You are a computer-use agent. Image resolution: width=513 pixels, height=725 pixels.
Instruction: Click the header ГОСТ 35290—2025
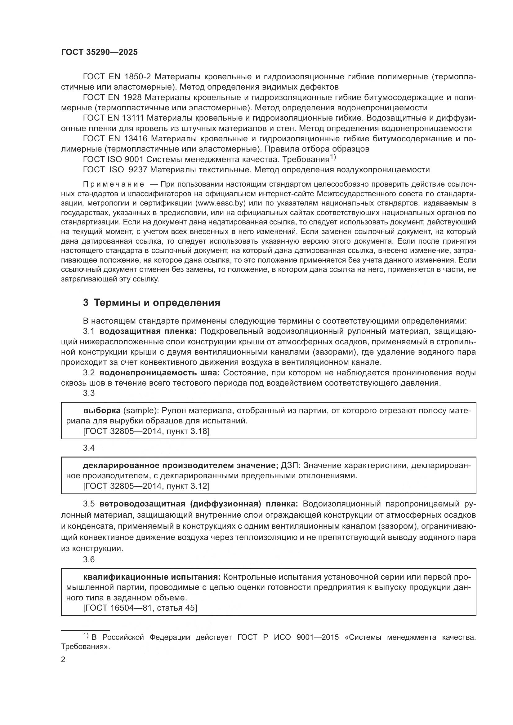tap(100, 52)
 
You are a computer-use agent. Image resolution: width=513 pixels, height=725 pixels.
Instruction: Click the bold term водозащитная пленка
tap(148, 331)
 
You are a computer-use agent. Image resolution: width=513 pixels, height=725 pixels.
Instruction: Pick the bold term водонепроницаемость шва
tap(159, 373)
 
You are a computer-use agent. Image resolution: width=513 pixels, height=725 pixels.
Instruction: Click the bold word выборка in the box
tap(102, 411)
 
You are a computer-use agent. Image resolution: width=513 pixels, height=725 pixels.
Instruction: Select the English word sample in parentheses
tap(141, 411)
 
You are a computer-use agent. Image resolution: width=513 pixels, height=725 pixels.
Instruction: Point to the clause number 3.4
tap(89, 448)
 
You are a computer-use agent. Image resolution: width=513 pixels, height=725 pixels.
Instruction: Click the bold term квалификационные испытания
tap(152, 577)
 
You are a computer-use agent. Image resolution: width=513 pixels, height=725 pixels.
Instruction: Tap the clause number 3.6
tap(89, 559)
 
